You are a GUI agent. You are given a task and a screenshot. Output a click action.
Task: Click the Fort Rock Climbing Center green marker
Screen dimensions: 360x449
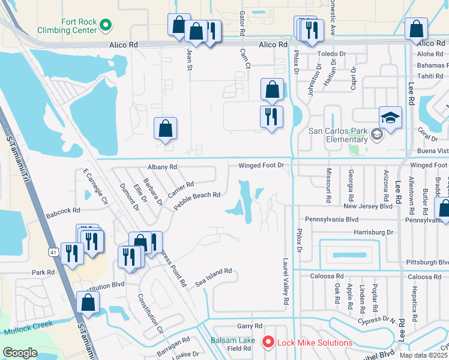106,25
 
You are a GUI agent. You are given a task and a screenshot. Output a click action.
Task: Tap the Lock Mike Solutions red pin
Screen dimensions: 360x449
268,343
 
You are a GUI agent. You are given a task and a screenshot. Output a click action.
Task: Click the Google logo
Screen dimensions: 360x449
20,353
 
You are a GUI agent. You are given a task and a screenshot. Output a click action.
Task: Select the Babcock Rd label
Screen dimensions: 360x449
63,211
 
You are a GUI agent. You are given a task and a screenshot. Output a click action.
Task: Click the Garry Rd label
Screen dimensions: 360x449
250,326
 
